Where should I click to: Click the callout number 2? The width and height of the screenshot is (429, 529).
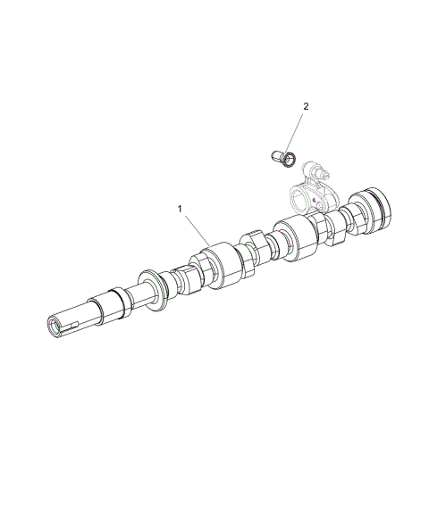tap(306, 107)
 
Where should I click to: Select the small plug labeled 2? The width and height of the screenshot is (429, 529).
tap(281, 159)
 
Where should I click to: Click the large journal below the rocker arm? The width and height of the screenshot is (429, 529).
tap(297, 238)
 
